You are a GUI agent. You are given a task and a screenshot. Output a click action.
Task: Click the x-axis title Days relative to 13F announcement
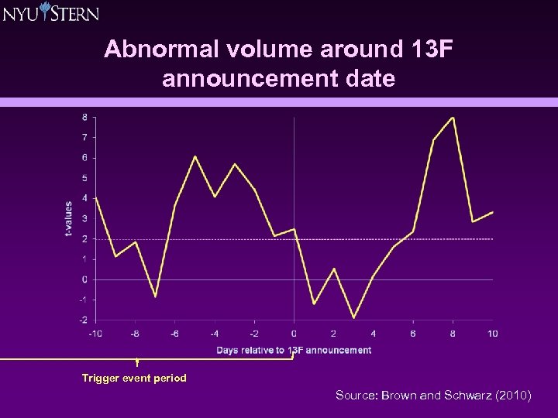(x=294, y=350)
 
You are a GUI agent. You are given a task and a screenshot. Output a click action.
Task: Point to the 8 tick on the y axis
(x=84, y=118)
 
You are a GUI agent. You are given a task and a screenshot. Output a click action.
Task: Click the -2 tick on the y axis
(x=82, y=320)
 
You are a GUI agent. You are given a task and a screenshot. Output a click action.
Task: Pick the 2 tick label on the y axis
(x=84, y=239)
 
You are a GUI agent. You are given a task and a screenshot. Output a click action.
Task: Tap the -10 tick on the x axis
(x=95, y=334)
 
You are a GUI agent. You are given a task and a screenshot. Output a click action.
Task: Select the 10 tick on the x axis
(x=492, y=334)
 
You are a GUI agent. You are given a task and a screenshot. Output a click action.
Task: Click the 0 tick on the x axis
(x=294, y=334)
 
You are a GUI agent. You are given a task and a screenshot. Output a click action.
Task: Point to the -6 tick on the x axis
(x=174, y=334)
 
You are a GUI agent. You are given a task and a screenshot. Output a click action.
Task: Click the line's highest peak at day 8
(x=453, y=118)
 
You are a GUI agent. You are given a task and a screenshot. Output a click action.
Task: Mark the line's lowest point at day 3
(x=353, y=317)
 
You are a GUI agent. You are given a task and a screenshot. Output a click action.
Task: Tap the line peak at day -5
(x=195, y=156)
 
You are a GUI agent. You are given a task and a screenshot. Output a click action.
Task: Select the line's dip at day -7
(x=155, y=296)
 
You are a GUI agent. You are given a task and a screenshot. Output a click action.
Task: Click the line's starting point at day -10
(x=95, y=197)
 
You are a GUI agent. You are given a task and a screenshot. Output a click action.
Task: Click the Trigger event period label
(x=134, y=379)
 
